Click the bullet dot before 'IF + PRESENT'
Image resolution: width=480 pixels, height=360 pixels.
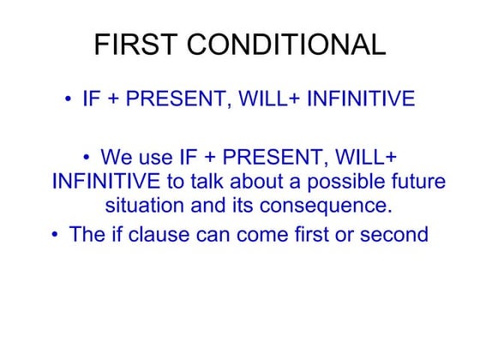(x=68, y=100)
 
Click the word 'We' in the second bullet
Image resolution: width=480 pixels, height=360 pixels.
(x=116, y=158)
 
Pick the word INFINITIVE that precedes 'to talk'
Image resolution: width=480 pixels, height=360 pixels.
(x=105, y=182)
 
